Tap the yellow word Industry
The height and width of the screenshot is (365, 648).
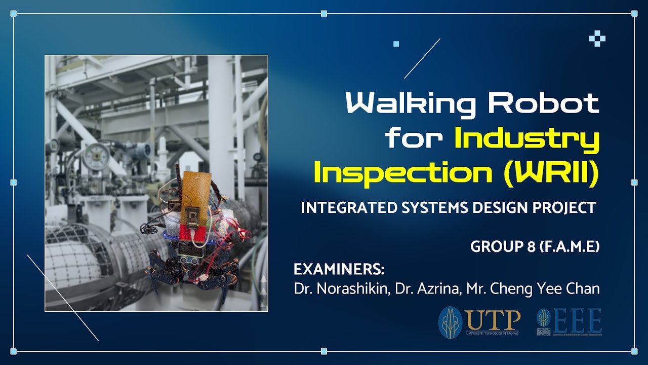[x=527, y=139]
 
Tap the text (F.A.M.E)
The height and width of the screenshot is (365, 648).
[x=570, y=247]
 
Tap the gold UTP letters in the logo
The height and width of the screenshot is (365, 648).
[x=493, y=319]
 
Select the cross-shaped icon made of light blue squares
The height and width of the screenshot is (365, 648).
[x=597, y=39]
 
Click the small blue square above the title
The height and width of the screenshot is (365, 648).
[x=396, y=44]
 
